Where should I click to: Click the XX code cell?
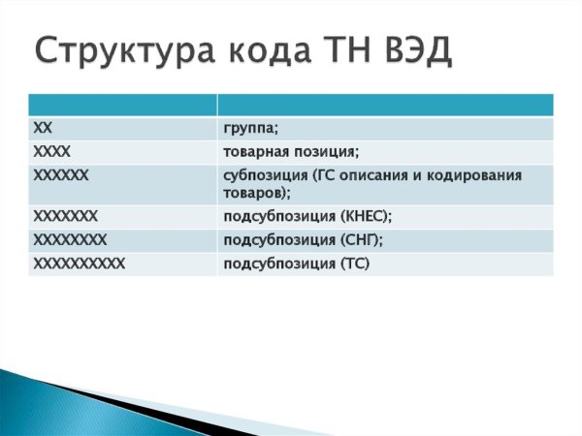click(42, 128)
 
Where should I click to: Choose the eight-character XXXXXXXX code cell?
click(70, 239)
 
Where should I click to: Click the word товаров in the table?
click(255, 194)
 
